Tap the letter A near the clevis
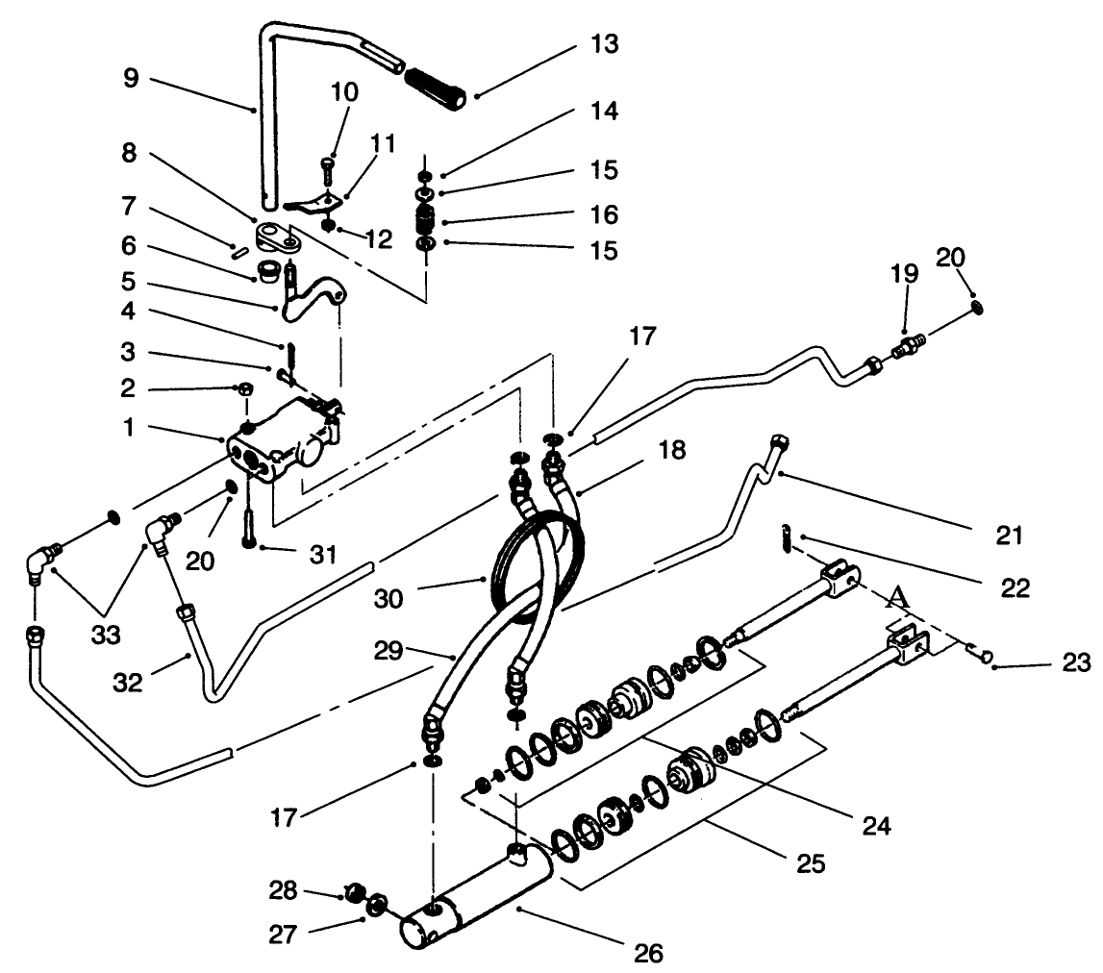[896, 598]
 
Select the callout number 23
[1077, 661]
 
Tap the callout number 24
[876, 825]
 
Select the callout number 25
[811, 863]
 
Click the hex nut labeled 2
[245, 389]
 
